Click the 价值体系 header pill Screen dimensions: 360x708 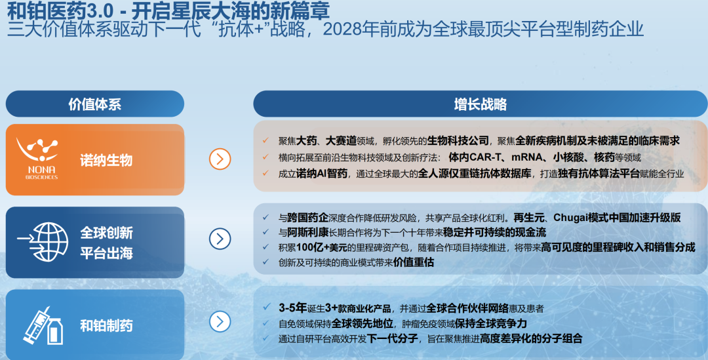(94, 104)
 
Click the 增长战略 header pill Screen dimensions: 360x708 (480, 104)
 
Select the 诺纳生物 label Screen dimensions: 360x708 (106, 160)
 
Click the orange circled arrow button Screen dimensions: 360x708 (220, 158)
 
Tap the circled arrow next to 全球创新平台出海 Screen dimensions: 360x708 (220, 239)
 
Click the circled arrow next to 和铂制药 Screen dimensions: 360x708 (220, 321)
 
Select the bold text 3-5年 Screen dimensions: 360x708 (292, 308)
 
